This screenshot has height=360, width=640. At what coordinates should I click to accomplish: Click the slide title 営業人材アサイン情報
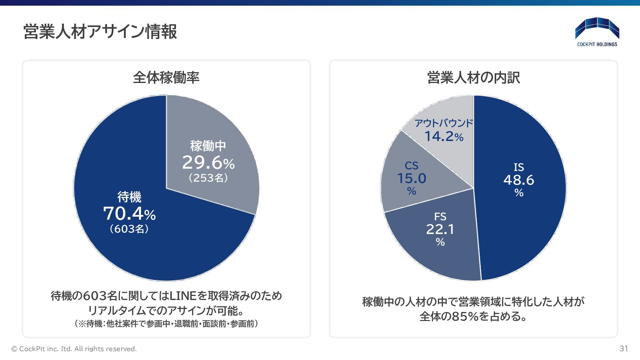[100, 32]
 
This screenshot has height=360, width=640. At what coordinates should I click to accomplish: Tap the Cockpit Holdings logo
[597, 32]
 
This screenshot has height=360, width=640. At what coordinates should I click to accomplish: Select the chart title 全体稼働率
[166, 78]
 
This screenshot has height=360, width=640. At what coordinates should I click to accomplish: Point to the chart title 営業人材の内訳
[473, 78]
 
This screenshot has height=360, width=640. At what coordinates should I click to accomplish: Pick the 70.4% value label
[129, 214]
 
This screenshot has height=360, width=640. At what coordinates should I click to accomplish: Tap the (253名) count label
[208, 178]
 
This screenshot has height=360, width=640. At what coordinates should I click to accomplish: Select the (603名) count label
[129, 229]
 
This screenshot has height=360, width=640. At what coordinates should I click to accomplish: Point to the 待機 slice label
[129, 197]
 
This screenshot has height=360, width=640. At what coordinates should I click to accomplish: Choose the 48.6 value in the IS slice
[519, 180]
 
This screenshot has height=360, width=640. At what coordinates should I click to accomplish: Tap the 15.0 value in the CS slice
[412, 178]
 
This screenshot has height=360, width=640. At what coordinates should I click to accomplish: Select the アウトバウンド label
[444, 123]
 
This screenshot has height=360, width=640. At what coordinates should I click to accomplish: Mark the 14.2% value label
[444, 136]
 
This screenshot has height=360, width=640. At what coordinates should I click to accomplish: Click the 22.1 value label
[440, 229]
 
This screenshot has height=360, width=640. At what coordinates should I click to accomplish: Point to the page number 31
[624, 349]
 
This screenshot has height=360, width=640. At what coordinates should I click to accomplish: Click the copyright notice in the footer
[74, 349]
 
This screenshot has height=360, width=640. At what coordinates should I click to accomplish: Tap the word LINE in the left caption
[183, 296]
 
